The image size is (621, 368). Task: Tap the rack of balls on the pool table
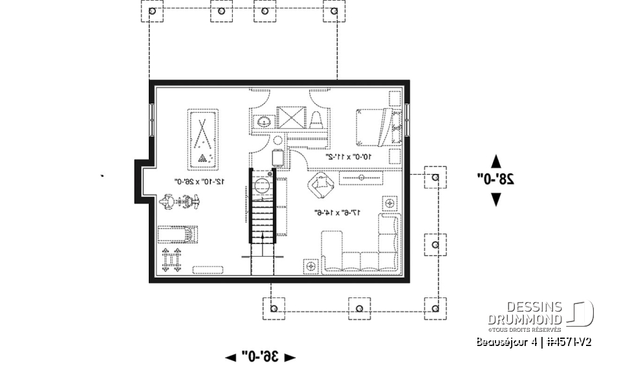(204, 158)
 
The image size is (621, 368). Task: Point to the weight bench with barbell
(171, 260)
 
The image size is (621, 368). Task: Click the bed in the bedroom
(377, 127)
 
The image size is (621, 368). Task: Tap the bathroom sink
(263, 121)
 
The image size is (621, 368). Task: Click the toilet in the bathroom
(317, 120)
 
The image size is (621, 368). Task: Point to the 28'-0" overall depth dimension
(496, 180)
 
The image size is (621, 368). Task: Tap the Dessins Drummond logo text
(525, 313)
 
